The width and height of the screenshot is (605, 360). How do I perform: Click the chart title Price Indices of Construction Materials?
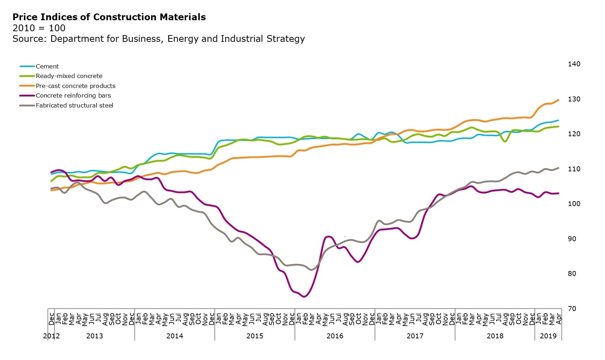point(109,17)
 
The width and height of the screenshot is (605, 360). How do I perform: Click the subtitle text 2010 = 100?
point(39,28)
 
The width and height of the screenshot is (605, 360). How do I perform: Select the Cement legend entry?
point(47,66)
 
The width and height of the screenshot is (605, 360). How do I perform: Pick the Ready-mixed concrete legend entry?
point(69,76)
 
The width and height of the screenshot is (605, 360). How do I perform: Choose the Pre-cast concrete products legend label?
point(75,86)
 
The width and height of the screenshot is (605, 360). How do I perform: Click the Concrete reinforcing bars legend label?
point(73,95)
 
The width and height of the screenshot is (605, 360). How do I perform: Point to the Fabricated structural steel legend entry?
point(74,105)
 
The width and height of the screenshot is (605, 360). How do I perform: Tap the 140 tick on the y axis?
point(574,64)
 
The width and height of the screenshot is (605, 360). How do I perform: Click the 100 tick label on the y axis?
point(574,204)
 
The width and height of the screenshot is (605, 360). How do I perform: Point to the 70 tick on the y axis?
point(572,309)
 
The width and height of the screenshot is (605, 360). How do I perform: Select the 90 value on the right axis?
point(572,239)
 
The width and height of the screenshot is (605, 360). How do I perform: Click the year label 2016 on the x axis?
point(335,336)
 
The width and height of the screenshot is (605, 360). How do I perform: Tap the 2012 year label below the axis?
point(51,336)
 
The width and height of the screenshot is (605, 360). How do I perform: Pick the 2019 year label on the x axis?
point(548,336)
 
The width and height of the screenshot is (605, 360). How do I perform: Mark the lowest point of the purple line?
point(304,297)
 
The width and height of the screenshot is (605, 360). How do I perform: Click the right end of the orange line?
point(559,100)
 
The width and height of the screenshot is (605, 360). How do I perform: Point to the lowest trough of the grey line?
point(312,270)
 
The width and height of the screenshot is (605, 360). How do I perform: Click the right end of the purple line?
point(559,193)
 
